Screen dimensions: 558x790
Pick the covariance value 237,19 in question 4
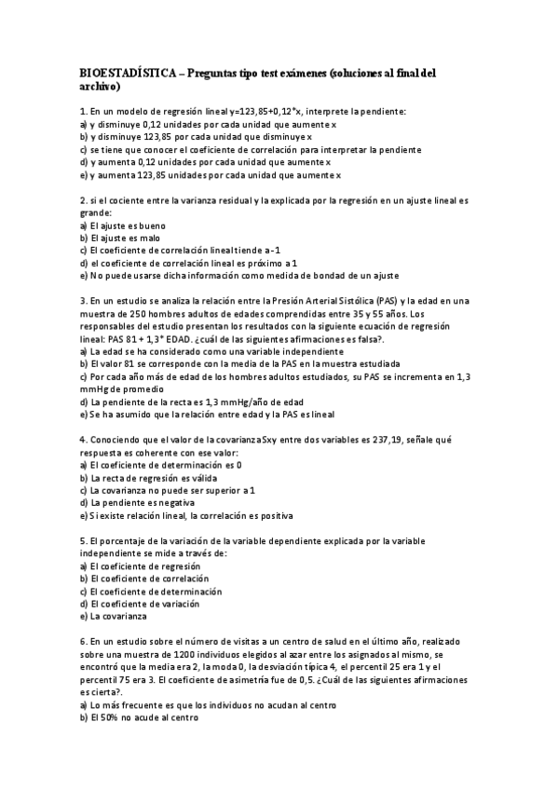point(383,439)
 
